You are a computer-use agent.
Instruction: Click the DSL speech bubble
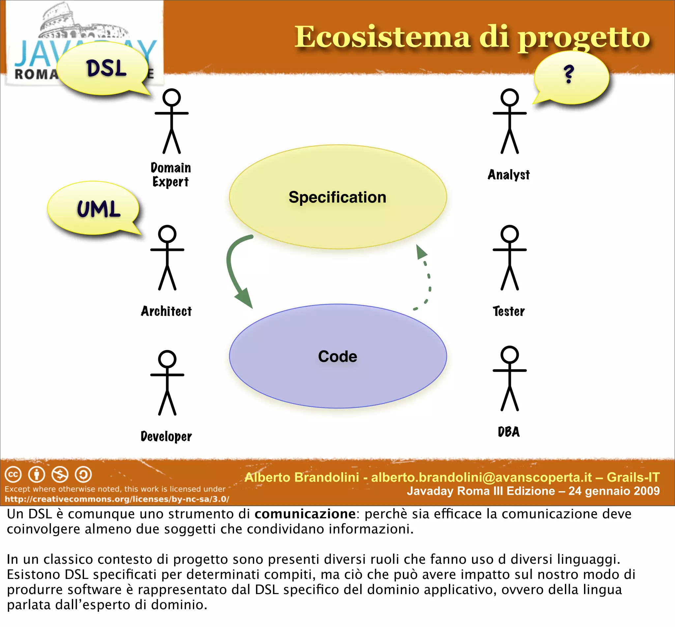(x=103, y=69)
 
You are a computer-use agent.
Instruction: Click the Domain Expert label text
(x=170, y=175)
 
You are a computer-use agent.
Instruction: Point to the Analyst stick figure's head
(x=509, y=97)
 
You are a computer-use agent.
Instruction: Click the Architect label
(x=166, y=311)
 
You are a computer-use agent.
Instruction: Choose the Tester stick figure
(x=509, y=258)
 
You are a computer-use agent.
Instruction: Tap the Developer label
(x=166, y=436)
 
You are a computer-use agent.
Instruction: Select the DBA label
(x=509, y=432)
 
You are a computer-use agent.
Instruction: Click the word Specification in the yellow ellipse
(x=337, y=197)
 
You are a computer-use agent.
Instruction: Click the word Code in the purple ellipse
(x=337, y=356)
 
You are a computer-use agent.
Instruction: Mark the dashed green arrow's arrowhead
(x=421, y=252)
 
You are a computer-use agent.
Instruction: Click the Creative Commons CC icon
(x=13, y=474)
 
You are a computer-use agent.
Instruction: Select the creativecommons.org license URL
(x=117, y=499)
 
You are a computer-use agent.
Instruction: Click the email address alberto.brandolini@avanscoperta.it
(x=482, y=477)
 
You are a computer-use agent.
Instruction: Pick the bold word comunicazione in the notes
(x=305, y=514)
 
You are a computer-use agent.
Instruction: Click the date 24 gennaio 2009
(x=614, y=491)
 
